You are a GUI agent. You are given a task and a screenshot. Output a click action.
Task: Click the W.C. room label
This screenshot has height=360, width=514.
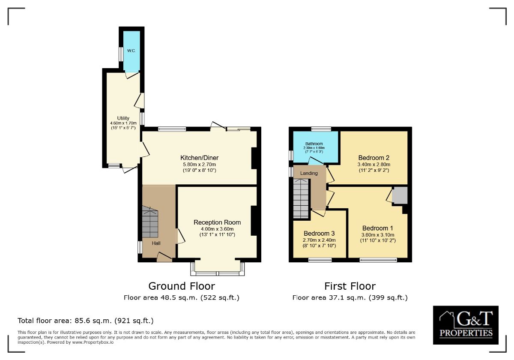coord(131,51)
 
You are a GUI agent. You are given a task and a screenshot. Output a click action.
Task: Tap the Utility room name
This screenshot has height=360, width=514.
coord(123,118)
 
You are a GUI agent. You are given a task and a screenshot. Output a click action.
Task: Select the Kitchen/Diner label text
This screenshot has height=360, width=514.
coord(200,158)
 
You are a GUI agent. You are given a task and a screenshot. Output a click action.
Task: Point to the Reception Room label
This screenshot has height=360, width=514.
coord(217,222)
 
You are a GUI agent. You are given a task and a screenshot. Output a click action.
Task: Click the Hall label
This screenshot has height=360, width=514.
coord(156,243)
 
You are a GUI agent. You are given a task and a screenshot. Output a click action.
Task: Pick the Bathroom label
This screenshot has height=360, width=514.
coord(314,144)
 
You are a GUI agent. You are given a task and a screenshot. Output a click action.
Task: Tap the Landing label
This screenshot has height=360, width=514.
coord(309,173)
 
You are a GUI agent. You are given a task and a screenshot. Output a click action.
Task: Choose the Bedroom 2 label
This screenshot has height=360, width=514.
coord(374,158)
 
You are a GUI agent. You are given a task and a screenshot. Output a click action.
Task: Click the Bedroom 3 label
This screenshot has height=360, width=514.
coord(319,233)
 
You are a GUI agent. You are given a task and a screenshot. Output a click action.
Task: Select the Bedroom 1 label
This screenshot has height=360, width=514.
coord(378,228)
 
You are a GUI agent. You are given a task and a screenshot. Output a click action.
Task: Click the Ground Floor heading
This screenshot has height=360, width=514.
coord(182,286)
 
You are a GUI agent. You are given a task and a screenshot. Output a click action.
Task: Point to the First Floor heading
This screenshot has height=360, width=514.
coord(350,286)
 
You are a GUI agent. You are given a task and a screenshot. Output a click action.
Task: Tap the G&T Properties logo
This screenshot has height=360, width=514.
coord(466,325)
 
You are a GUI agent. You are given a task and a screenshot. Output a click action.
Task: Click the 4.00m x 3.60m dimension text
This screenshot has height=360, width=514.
coord(217,229)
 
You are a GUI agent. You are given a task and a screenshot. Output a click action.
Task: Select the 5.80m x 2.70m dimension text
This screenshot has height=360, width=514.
coord(200,165)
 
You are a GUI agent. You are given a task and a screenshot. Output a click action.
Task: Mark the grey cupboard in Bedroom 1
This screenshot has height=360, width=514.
coord(400,195)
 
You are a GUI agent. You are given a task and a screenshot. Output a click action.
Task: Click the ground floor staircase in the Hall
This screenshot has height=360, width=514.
coord(150,222)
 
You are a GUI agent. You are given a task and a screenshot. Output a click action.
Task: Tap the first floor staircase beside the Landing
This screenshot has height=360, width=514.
coord(301,198)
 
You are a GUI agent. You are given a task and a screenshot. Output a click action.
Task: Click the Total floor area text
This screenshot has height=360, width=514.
coord(85,321)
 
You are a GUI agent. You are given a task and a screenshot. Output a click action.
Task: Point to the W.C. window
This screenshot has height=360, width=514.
coord(121,54)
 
